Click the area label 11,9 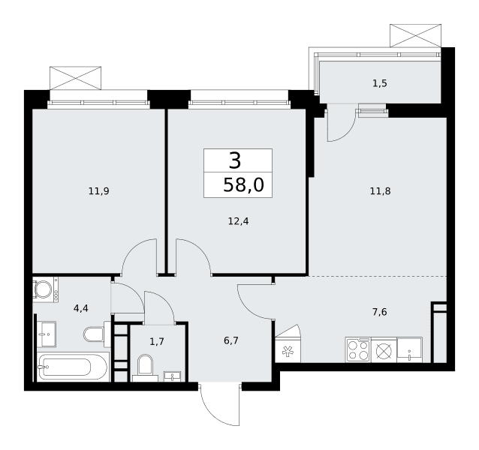click(98, 191)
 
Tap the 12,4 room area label click(238, 221)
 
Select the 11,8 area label click(380, 191)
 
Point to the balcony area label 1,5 click(380, 83)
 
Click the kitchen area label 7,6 click(380, 312)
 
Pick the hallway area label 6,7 click(231, 340)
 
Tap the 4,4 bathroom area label click(81, 308)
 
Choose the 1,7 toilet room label click(157, 341)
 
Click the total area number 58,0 click(243, 185)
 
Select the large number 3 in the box click(235, 160)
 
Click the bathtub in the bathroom click(72, 367)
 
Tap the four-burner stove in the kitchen click(358, 350)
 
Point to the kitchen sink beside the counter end click(410, 350)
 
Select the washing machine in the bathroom click(46, 289)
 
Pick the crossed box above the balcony click(415, 36)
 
